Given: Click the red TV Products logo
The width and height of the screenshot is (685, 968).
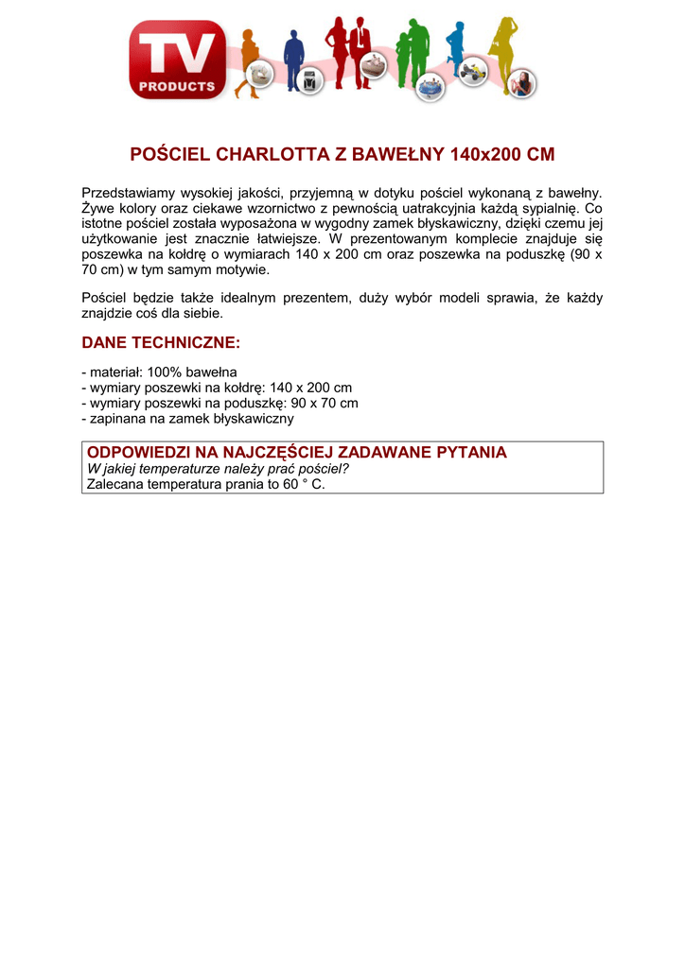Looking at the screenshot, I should [x=178, y=60].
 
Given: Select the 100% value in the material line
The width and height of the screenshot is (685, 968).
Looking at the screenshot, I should [x=165, y=372].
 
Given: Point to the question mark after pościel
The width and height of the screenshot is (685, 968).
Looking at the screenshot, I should [x=345, y=469].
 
